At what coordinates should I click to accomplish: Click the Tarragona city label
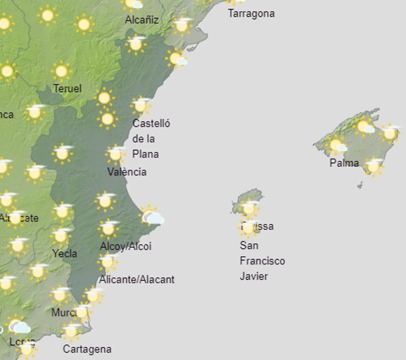[x=251, y=13]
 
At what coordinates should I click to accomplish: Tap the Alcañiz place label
[x=142, y=20]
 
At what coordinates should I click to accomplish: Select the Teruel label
[x=67, y=89]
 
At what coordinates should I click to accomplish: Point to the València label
[x=127, y=172]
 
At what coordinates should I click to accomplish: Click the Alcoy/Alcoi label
[x=125, y=246]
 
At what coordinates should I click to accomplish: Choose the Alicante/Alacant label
[x=137, y=279]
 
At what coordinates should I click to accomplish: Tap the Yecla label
[x=65, y=254]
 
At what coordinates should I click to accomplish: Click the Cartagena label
[x=87, y=349]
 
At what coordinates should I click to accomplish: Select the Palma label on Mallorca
[x=344, y=163]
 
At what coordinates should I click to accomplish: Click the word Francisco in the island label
[x=262, y=261]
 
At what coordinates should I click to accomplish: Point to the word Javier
[x=254, y=276]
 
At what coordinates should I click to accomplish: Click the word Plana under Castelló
[x=145, y=154]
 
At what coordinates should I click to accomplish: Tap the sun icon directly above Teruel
[x=61, y=72]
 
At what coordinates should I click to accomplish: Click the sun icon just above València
[x=115, y=154]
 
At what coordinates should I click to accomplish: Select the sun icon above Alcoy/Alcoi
[x=108, y=228]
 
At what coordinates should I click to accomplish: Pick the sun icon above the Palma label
[x=336, y=145]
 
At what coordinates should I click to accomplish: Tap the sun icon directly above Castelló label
[x=140, y=106]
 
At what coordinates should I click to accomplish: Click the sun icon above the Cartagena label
[x=71, y=331]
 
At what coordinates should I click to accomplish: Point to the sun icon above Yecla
[x=60, y=236]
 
